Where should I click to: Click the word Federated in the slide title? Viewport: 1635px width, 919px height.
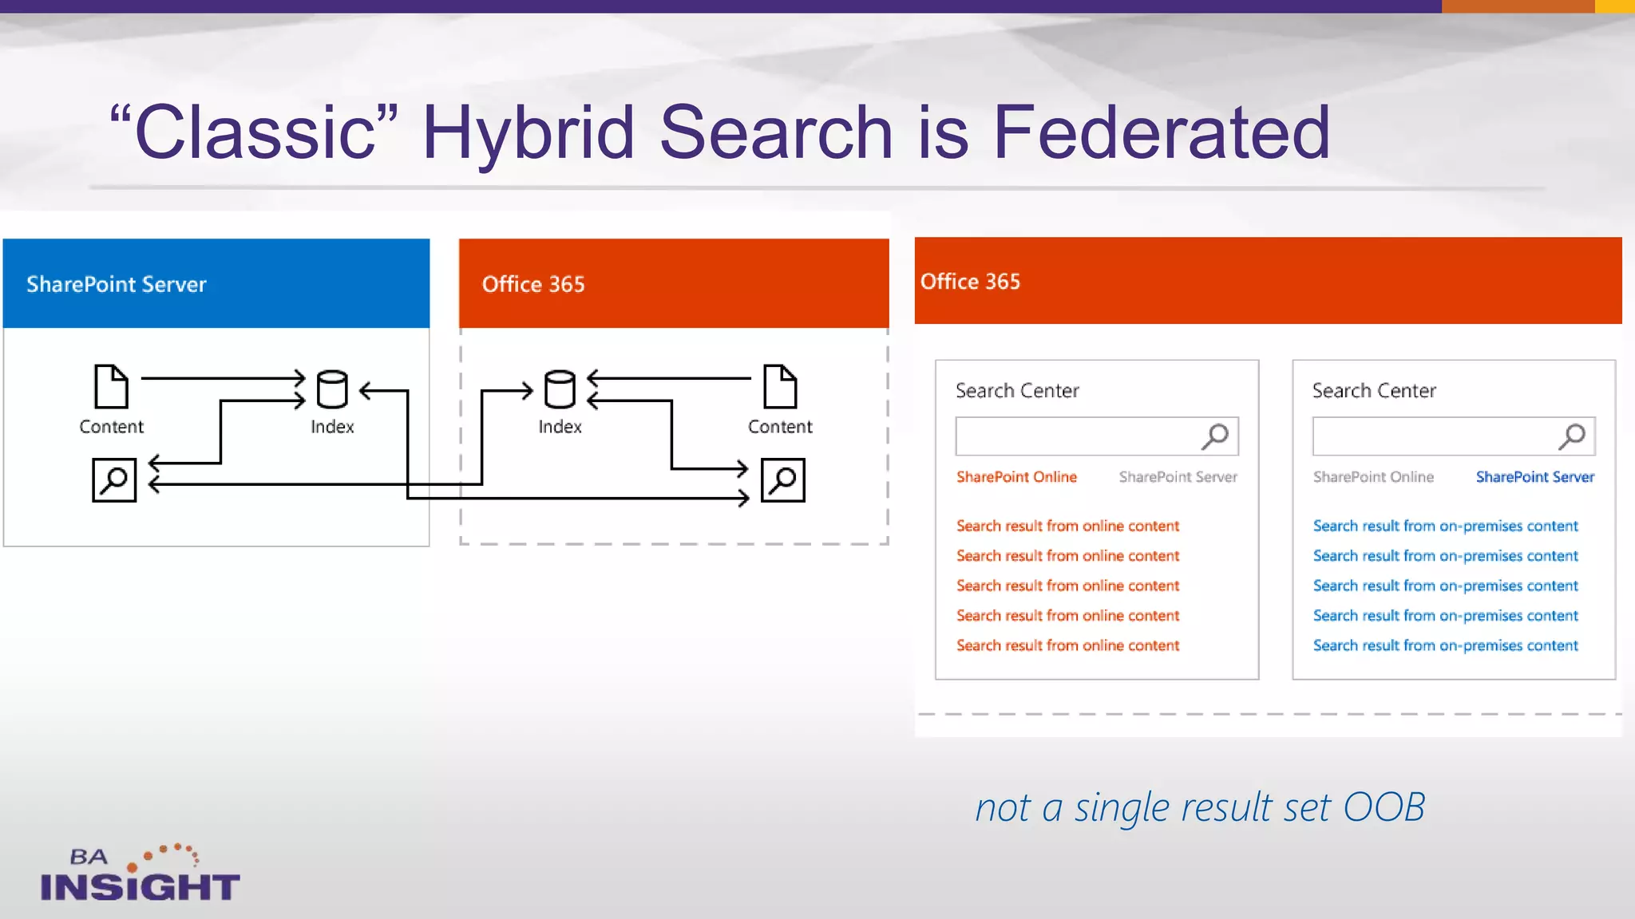pyautogui.click(x=1161, y=132)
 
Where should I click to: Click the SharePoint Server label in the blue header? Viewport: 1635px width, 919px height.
pyautogui.click(x=117, y=285)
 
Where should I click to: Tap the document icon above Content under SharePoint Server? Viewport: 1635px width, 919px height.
pyautogui.click(x=111, y=386)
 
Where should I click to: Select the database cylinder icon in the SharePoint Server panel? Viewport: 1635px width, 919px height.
pyautogui.click(x=332, y=389)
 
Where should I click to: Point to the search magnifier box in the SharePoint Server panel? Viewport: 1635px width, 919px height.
pyautogui.click(x=114, y=479)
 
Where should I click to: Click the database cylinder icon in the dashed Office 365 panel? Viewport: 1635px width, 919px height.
pyautogui.click(x=560, y=389)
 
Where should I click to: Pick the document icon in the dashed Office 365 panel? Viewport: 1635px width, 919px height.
pyautogui.click(x=780, y=386)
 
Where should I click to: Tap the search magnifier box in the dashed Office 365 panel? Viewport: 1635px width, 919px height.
pyautogui.click(x=782, y=479)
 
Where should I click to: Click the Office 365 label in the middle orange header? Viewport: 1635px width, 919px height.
pyautogui.click(x=533, y=285)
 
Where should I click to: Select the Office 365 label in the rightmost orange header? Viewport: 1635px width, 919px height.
pyautogui.click(x=970, y=282)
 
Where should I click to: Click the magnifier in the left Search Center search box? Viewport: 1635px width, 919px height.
pyautogui.click(x=1216, y=436)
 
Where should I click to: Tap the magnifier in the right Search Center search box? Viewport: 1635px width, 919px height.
pyautogui.click(x=1573, y=436)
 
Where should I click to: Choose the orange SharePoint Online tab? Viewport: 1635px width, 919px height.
pyautogui.click(x=1016, y=477)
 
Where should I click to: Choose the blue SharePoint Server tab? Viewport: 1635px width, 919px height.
pyautogui.click(x=1534, y=477)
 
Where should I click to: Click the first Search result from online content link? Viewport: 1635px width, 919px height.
pyautogui.click(x=1067, y=527)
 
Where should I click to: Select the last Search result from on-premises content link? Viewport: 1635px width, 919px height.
pyautogui.click(x=1445, y=645)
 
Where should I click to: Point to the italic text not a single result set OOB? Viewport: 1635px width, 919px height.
pyautogui.click(x=1200, y=807)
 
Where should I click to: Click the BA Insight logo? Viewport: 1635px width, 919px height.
pyautogui.click(x=141, y=874)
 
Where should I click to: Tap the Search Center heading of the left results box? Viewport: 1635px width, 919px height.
pyautogui.click(x=1017, y=391)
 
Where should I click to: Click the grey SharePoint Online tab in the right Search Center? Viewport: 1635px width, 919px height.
pyautogui.click(x=1373, y=477)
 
